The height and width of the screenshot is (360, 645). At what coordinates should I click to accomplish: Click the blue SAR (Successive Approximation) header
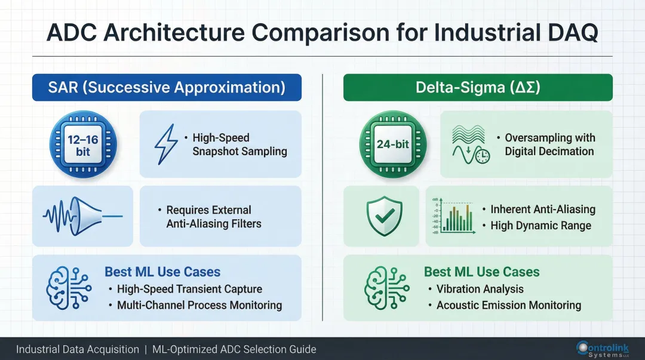coord(167,87)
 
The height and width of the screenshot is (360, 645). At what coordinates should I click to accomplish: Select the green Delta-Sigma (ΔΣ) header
coord(478,87)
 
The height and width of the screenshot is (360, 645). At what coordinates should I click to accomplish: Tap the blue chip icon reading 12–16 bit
coord(83,144)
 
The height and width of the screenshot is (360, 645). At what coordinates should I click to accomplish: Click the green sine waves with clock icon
coord(470,144)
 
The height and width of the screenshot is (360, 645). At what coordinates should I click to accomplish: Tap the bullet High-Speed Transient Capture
coord(189,289)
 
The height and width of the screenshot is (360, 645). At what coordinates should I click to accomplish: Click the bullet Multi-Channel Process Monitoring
coord(199,305)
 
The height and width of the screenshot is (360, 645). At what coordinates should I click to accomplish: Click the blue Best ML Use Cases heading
coord(162,272)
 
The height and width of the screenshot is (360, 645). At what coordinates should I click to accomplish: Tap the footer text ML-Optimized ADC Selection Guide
coord(234,349)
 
